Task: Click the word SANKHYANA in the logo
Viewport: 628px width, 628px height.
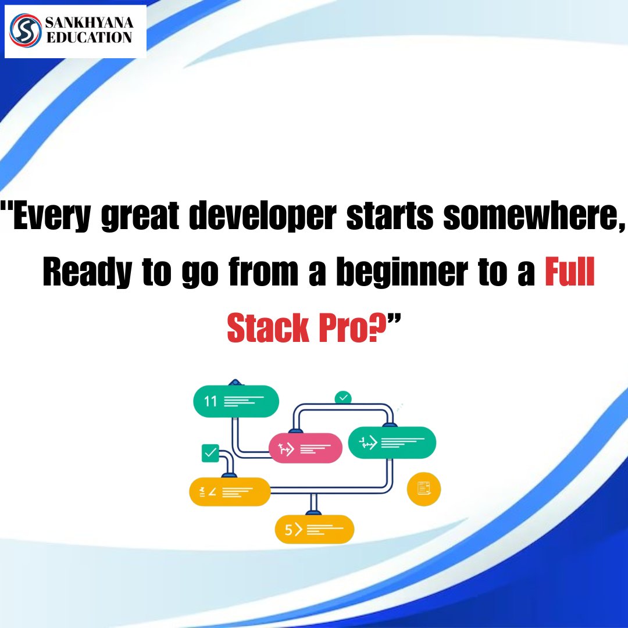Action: click(88, 23)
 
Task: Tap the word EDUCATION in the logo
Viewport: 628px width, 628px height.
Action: click(88, 38)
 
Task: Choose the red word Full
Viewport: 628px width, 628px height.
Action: click(570, 274)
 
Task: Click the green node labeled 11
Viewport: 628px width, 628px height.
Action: click(235, 401)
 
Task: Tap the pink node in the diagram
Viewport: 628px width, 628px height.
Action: click(305, 448)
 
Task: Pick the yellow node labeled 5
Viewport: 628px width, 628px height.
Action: click(314, 529)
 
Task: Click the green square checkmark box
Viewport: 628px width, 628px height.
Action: click(209, 452)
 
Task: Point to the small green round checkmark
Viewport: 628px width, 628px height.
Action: click(343, 398)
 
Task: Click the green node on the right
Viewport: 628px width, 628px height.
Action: click(392, 443)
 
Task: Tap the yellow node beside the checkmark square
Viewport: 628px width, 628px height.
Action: click(230, 492)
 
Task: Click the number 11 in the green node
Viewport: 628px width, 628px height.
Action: click(210, 401)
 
